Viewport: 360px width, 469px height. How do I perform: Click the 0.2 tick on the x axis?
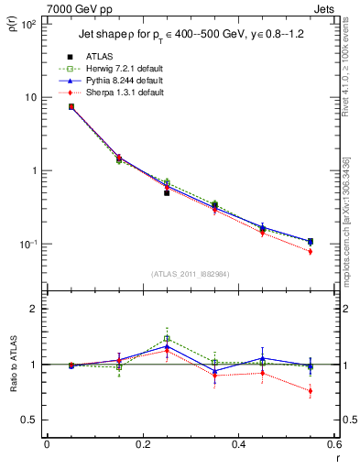click(143, 444)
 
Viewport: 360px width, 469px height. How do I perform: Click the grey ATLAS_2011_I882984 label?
click(191, 274)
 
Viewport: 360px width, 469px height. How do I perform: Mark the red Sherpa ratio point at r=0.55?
click(311, 391)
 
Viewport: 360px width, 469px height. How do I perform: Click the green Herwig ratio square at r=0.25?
click(167, 339)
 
